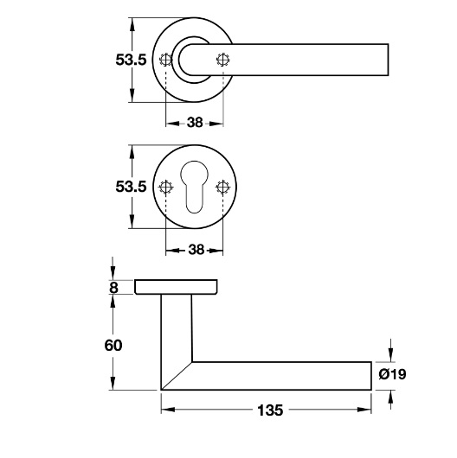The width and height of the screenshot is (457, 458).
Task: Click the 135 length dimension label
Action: coord(270,410)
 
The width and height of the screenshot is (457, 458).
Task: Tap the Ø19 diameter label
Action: coord(392,374)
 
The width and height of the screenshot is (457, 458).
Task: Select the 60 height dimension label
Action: coord(113,346)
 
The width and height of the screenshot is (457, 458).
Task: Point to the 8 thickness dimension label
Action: coord(113,288)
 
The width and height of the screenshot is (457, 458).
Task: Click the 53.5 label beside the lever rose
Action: coord(131,60)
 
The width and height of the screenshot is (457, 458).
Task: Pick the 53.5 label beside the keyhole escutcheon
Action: coord(131,187)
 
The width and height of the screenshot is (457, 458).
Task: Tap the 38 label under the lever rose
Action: coord(195,123)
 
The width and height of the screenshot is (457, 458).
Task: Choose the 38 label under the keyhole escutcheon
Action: coord(196,250)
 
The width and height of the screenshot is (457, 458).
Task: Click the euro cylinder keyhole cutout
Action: coord(194,187)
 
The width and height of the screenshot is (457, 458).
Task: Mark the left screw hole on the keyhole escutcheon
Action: coord(165,187)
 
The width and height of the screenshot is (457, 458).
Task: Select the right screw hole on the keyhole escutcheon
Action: coord(222,187)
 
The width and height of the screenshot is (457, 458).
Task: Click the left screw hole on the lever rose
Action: coord(165,60)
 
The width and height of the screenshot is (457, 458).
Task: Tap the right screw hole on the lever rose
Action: coord(223,60)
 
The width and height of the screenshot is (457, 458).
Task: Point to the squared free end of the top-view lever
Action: coord(389,60)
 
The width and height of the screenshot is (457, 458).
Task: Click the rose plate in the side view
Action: coord(176,287)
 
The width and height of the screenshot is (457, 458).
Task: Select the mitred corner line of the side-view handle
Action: coord(177,376)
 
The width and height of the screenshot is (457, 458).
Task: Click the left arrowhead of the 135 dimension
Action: coord(168,410)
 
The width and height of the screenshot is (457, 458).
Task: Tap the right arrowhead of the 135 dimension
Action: coord(364,410)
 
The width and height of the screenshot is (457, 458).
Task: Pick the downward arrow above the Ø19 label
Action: coord(390,351)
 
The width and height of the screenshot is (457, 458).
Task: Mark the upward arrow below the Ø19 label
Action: coord(390,399)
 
